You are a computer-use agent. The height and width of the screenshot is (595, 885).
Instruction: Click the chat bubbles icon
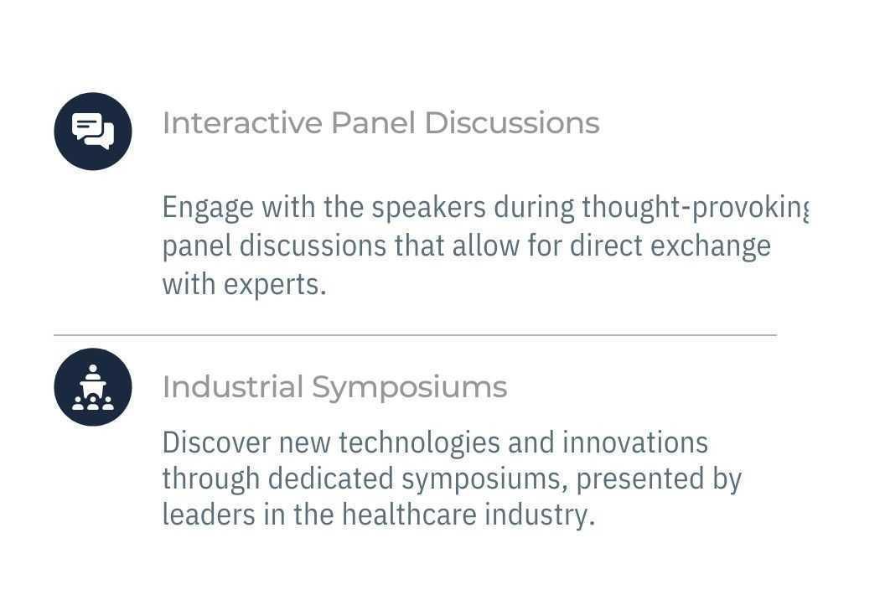click(93, 132)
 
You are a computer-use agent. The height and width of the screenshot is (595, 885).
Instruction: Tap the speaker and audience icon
click(93, 387)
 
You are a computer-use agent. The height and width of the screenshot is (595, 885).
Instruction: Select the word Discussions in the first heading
click(511, 123)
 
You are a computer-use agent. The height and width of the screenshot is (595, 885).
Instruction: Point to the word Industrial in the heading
click(232, 387)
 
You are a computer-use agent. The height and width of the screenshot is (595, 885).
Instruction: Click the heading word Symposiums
click(409, 387)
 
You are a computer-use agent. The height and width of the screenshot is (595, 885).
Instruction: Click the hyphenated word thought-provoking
click(694, 207)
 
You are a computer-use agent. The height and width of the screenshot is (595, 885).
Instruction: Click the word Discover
click(216, 442)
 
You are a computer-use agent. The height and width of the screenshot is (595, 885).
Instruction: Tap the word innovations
click(634, 442)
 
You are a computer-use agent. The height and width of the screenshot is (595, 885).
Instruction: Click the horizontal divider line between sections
click(415, 335)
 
